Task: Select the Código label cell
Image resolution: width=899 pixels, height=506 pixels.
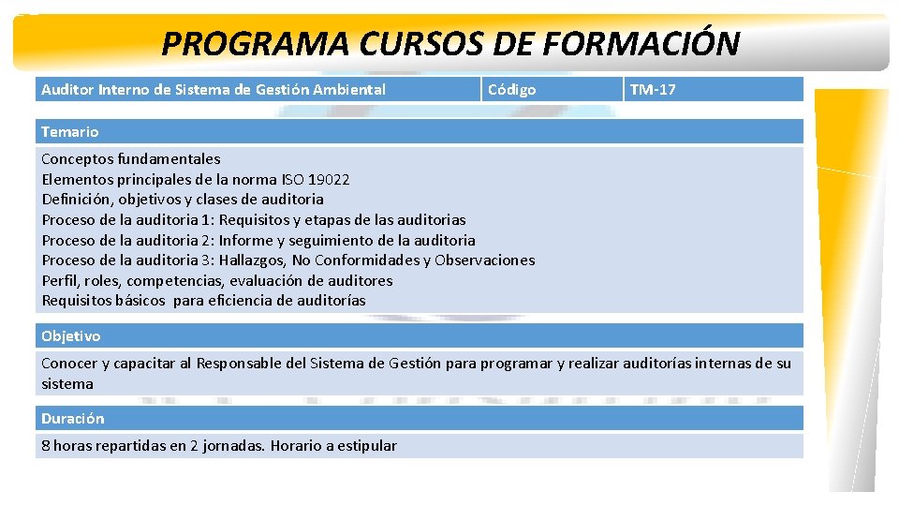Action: (512, 90)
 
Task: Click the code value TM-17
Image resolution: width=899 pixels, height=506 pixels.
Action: (653, 90)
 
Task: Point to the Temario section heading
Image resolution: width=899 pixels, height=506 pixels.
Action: (70, 132)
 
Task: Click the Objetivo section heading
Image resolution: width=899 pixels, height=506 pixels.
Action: (71, 335)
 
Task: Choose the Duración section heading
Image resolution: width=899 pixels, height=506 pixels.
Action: (73, 418)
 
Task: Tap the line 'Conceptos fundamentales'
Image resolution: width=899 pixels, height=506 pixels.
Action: (131, 159)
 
